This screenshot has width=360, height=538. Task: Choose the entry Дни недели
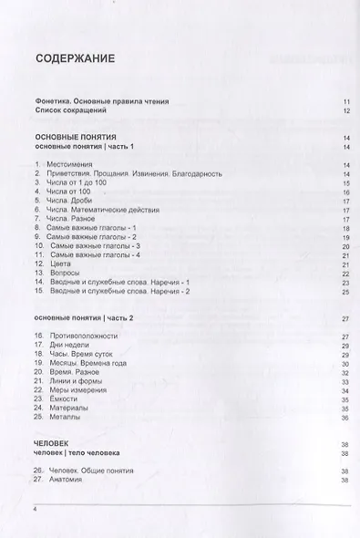tap(67, 346)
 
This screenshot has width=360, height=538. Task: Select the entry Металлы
tap(64, 418)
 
